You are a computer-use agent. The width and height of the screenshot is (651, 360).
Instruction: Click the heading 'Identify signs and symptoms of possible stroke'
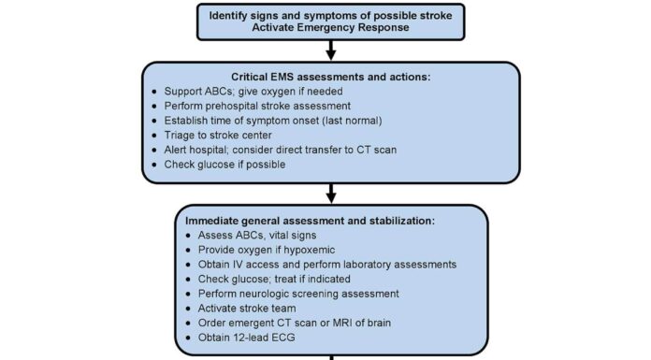pos(330,15)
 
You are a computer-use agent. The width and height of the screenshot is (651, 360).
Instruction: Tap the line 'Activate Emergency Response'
pos(330,29)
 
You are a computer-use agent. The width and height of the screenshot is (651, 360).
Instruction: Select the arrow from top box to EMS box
pos(330,52)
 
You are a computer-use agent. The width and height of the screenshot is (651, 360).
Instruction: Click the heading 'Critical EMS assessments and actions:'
pos(330,76)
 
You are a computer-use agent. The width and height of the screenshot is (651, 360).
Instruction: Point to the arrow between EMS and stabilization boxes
pos(330,194)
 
